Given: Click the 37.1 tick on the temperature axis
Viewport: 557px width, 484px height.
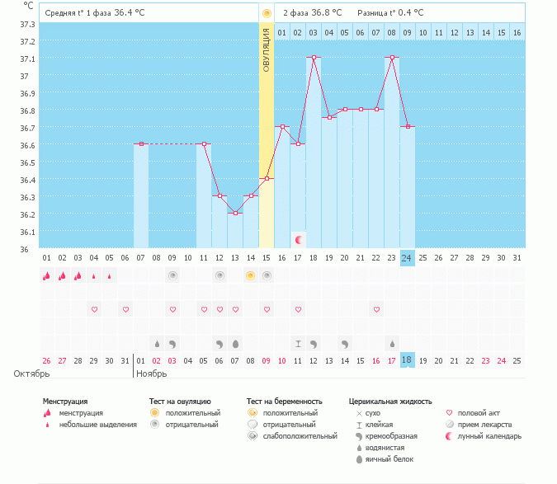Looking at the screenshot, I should (x=26, y=59).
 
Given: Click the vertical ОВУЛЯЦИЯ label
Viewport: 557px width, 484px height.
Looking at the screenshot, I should (x=267, y=50).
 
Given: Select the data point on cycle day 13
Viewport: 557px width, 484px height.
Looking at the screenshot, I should (x=235, y=213).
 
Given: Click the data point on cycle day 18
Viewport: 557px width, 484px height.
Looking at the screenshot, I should (x=314, y=58).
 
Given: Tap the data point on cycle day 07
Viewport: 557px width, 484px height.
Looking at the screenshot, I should (x=141, y=143).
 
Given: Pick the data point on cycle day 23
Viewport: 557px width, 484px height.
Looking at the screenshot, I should (x=392, y=58).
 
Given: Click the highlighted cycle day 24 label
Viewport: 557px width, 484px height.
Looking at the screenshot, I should (x=408, y=257).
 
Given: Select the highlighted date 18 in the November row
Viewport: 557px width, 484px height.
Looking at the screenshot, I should (x=408, y=360).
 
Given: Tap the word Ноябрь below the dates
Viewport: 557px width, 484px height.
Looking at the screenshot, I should (x=153, y=374).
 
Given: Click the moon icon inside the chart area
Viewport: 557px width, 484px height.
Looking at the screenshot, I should (x=299, y=240).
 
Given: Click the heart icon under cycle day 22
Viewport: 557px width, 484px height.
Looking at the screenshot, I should (x=376, y=309).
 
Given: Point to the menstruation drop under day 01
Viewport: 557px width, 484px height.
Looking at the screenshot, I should (x=47, y=276).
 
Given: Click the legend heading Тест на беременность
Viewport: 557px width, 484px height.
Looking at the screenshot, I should (x=284, y=402).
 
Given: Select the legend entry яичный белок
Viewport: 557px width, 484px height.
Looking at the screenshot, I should (x=389, y=458).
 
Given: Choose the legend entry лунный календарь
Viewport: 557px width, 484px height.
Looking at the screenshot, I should (x=489, y=435).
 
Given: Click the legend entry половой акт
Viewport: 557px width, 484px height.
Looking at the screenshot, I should (x=481, y=412).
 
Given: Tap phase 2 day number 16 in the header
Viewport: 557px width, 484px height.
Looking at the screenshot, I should (x=517, y=32).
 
